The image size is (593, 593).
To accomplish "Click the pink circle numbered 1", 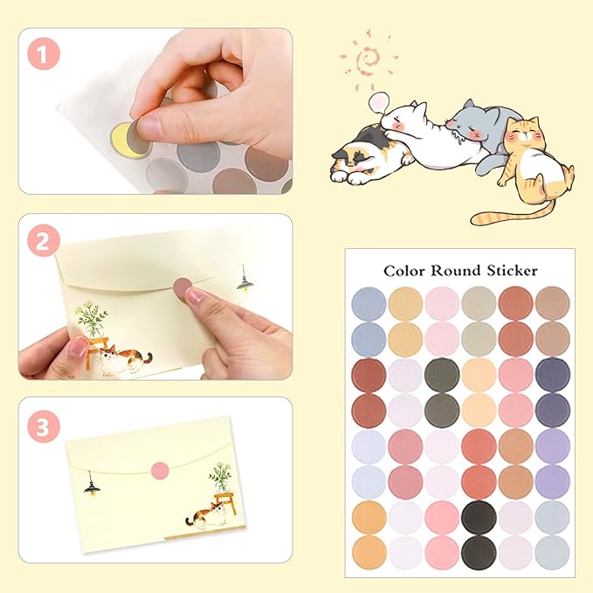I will pyautogui.click(x=44, y=56).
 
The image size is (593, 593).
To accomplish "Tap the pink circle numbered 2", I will pyautogui.click(x=44, y=240).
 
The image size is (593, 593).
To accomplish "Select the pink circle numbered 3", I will pyautogui.click(x=44, y=426).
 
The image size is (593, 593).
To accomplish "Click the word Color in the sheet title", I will pyautogui.click(x=405, y=271).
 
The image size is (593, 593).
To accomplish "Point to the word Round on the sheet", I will pyautogui.click(x=460, y=271).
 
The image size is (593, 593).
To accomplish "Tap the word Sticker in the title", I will pyautogui.click(x=514, y=271).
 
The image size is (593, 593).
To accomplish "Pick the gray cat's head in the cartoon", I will pyautogui.click(x=479, y=120).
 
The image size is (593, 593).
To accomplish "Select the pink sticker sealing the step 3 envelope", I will pyautogui.click(x=160, y=471).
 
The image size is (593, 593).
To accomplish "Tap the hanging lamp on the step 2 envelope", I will pyautogui.click(x=244, y=281).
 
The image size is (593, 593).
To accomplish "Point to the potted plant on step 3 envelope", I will pyautogui.click(x=220, y=479).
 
